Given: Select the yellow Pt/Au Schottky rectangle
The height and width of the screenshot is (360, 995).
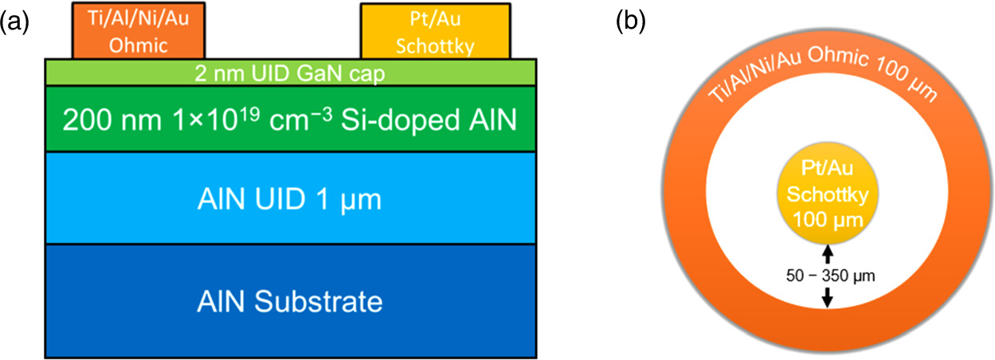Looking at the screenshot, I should click(435, 31).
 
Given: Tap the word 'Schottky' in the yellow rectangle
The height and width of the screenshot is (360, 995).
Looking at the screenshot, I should click(435, 46).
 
